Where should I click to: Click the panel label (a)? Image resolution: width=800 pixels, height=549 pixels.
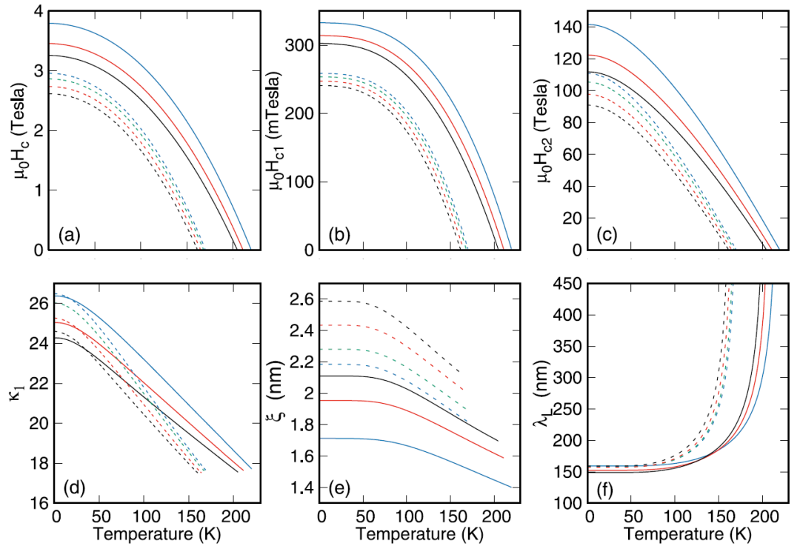coord(70,235)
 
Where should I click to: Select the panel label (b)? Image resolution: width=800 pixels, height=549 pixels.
coord(339,235)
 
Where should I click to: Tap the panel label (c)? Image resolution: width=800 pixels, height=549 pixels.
coord(607,235)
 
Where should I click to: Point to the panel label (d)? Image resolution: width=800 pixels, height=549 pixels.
coord(74,488)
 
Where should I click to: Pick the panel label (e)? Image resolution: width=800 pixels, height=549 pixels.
coord(339,488)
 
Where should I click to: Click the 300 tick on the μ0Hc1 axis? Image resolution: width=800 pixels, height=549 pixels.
coord(298,45)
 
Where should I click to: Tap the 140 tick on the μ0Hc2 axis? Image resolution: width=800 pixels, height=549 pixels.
coord(567,27)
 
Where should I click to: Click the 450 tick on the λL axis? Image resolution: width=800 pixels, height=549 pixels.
coord(568,284)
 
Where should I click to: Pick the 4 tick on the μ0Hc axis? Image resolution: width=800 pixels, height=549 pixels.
coord(39,11)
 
